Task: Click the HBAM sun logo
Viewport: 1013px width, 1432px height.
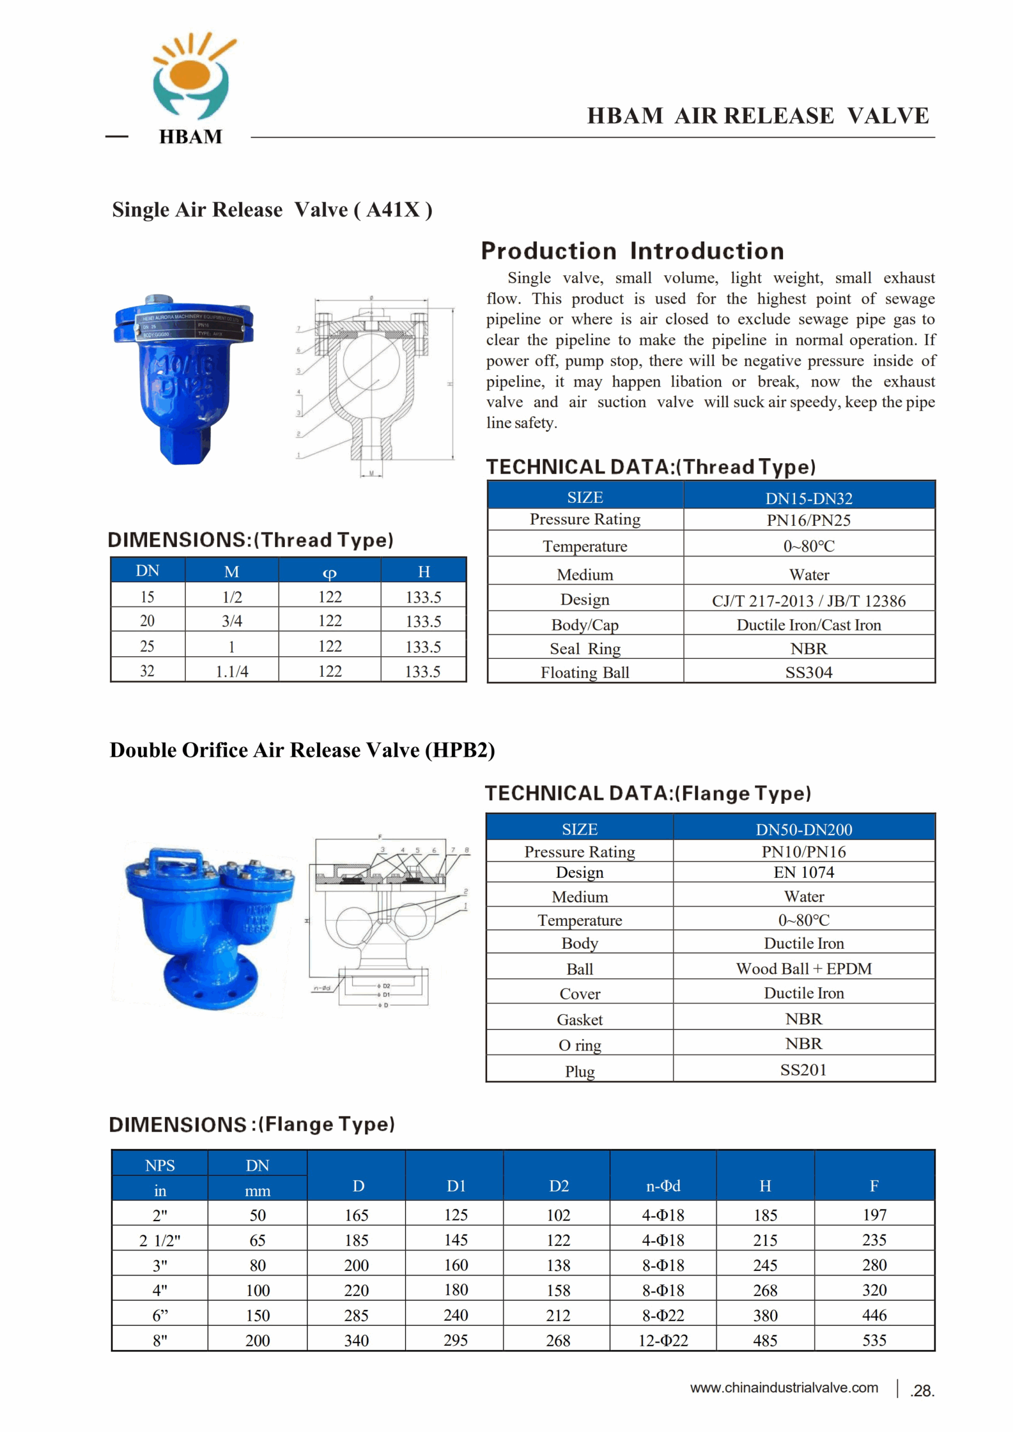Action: (192, 77)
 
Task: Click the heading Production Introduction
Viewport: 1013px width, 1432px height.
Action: (633, 251)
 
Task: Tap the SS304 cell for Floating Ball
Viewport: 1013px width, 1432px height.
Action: (808, 672)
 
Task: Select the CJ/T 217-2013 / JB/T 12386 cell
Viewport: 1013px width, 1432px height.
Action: (808, 601)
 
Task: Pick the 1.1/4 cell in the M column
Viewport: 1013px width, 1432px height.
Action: (232, 671)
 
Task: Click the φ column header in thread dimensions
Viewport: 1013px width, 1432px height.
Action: (329, 571)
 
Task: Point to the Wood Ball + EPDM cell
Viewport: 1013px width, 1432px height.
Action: (803, 969)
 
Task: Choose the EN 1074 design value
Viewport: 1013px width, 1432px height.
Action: (803, 872)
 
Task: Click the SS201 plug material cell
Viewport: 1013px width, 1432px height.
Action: (803, 1070)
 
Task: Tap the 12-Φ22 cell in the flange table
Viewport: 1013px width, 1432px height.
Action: (662, 1340)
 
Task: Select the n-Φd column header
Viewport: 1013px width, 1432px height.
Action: (662, 1186)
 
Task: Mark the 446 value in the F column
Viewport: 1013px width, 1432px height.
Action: (874, 1315)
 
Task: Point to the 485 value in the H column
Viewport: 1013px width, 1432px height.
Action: (765, 1340)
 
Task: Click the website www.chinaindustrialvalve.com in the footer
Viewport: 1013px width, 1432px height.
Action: (784, 1388)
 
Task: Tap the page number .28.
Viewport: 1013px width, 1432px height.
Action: (922, 1390)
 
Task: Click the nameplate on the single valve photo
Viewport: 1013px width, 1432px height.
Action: (187, 326)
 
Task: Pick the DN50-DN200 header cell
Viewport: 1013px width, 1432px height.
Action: (803, 830)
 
